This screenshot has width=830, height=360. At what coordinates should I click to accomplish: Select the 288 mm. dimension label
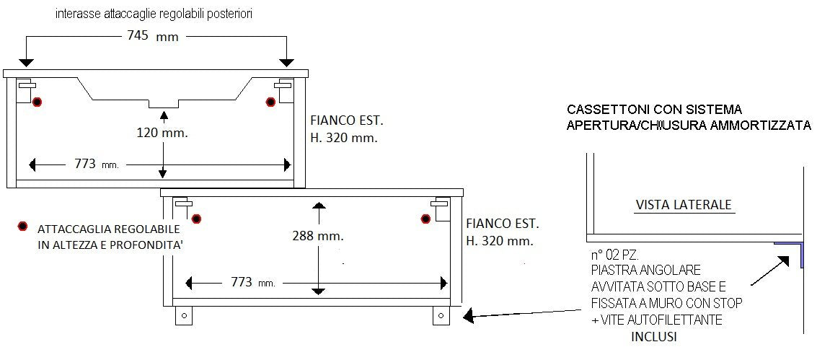click(317, 235)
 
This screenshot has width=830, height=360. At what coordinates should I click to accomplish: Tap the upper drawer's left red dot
click(37, 102)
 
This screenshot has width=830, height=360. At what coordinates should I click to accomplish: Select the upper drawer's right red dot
click(270, 102)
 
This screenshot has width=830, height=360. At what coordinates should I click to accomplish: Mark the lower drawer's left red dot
click(195, 218)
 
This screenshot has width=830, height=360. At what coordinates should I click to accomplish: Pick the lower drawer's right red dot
click(425, 218)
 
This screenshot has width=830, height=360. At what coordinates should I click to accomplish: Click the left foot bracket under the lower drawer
click(183, 315)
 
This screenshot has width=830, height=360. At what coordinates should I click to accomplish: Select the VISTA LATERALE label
click(684, 205)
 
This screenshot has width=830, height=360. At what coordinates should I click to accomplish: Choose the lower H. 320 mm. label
click(499, 240)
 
